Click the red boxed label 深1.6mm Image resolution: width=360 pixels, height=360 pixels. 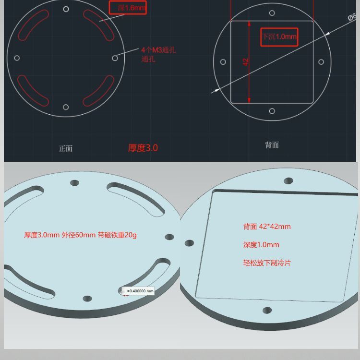click(128, 8)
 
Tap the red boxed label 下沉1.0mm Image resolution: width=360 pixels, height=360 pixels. click(279, 36)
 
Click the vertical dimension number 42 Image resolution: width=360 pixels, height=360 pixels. click(246, 61)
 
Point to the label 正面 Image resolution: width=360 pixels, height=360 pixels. click(65, 148)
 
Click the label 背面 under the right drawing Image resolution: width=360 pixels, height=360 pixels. click(272, 145)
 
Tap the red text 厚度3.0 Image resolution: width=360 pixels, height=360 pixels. click(143, 148)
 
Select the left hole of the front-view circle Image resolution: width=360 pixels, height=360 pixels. click(17, 58)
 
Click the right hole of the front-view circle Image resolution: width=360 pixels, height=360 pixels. click(115, 58)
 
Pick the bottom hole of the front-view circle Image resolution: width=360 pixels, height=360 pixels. click(66, 107)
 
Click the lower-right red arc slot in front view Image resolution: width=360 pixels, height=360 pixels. click(99, 90)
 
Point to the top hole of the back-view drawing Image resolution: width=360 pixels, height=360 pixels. click(272, 13)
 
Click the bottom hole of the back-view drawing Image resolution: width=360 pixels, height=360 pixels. click(272, 111)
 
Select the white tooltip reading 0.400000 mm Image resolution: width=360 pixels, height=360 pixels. click(138, 291)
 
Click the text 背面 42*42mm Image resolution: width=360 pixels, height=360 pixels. click(267, 227)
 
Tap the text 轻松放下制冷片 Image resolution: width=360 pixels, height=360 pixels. click(267, 263)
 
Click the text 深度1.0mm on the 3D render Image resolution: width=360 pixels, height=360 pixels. click(261, 245)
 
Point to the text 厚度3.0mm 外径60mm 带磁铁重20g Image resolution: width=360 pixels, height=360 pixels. click(80, 235)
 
